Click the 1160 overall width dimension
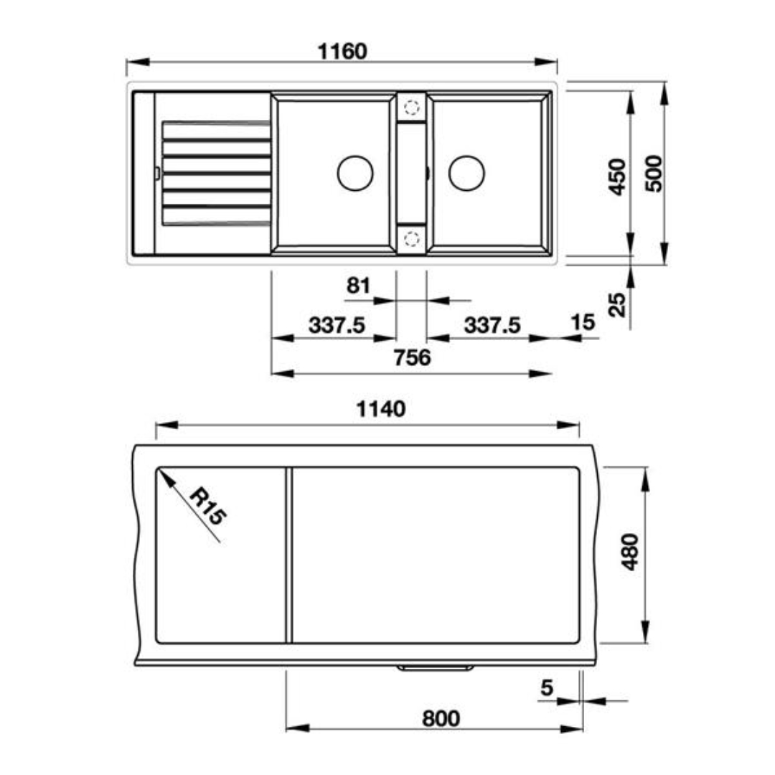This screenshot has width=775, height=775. coord(342,52)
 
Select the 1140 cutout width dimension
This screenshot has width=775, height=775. coord(380,409)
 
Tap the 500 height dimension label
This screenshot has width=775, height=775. coord(654,174)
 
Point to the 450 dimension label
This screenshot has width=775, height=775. coord(617,177)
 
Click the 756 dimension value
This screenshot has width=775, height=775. coord(412,357)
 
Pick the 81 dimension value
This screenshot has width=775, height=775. coord(358,286)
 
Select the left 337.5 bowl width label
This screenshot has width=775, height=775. coord(337,325)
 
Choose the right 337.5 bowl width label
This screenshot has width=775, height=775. coord(492,325)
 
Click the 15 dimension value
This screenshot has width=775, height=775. coord(583,322)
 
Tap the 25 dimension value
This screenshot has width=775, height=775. coord(617,304)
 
